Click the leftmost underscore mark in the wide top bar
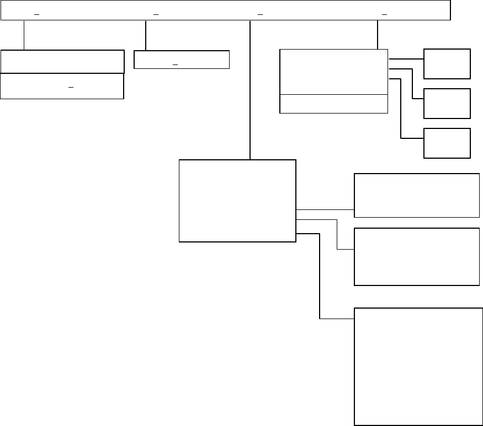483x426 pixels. point(36,14)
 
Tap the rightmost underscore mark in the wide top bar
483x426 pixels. point(385,14)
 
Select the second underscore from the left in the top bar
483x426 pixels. point(156,14)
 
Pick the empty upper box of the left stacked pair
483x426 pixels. point(62,61)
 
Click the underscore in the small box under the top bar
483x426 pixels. point(176,64)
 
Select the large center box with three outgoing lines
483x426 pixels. point(237,201)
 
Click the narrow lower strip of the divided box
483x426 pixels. point(333,104)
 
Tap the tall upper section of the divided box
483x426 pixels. point(333,72)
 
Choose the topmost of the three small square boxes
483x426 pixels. point(447,63)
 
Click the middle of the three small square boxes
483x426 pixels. point(447,103)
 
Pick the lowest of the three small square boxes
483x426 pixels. point(447,143)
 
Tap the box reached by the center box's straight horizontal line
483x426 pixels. point(416,196)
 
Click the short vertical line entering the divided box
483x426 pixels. point(378,35)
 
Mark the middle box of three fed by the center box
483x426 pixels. point(416,256)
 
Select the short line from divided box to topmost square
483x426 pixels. point(406,58)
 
